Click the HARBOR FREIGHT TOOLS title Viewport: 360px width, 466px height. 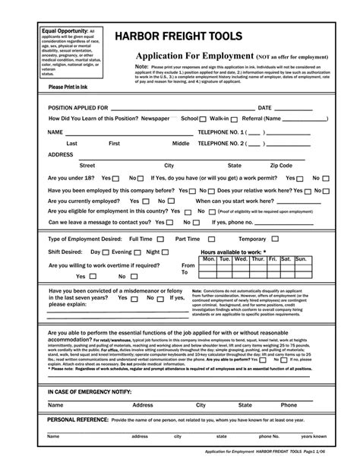178,36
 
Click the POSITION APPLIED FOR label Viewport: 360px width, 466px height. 77,108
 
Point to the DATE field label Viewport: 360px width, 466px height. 265,108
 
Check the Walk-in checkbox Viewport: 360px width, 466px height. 234,120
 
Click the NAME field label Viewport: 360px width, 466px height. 55,132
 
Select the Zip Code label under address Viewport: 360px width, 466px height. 280,165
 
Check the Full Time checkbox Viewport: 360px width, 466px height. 159,239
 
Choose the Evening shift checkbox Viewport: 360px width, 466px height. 138,252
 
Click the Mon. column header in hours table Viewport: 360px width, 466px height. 209,259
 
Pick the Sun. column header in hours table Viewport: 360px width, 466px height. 301,259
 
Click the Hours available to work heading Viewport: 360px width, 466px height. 233,251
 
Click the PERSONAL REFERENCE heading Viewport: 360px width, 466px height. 77,419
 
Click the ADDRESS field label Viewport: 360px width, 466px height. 61,154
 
